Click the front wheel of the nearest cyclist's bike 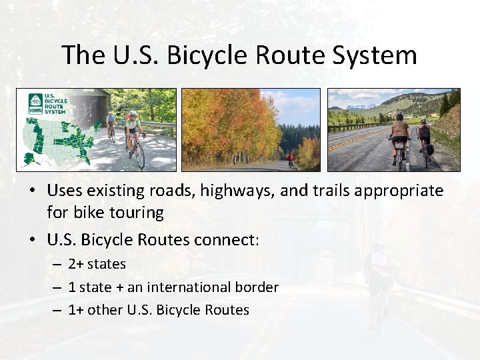140,155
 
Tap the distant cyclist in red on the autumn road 291,160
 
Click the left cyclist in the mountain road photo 399,137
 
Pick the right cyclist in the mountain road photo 424,139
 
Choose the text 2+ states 97,264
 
